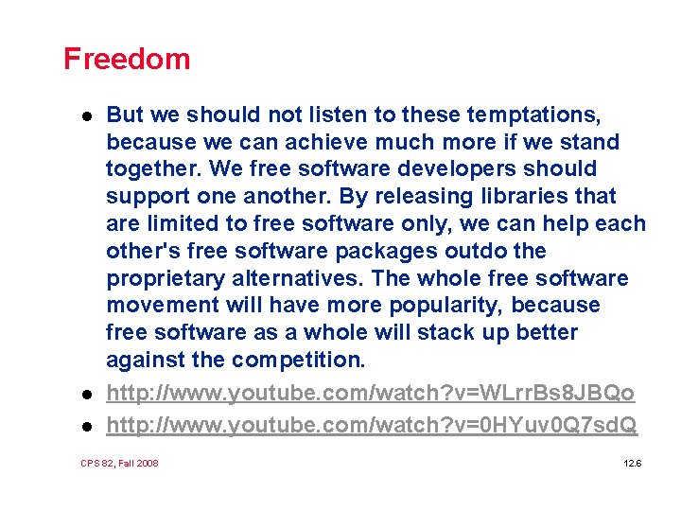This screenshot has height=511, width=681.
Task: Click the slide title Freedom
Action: tap(127, 59)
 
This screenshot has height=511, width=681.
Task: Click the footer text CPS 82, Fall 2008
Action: tap(120, 463)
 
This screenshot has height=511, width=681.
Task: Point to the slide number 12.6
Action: tap(633, 463)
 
